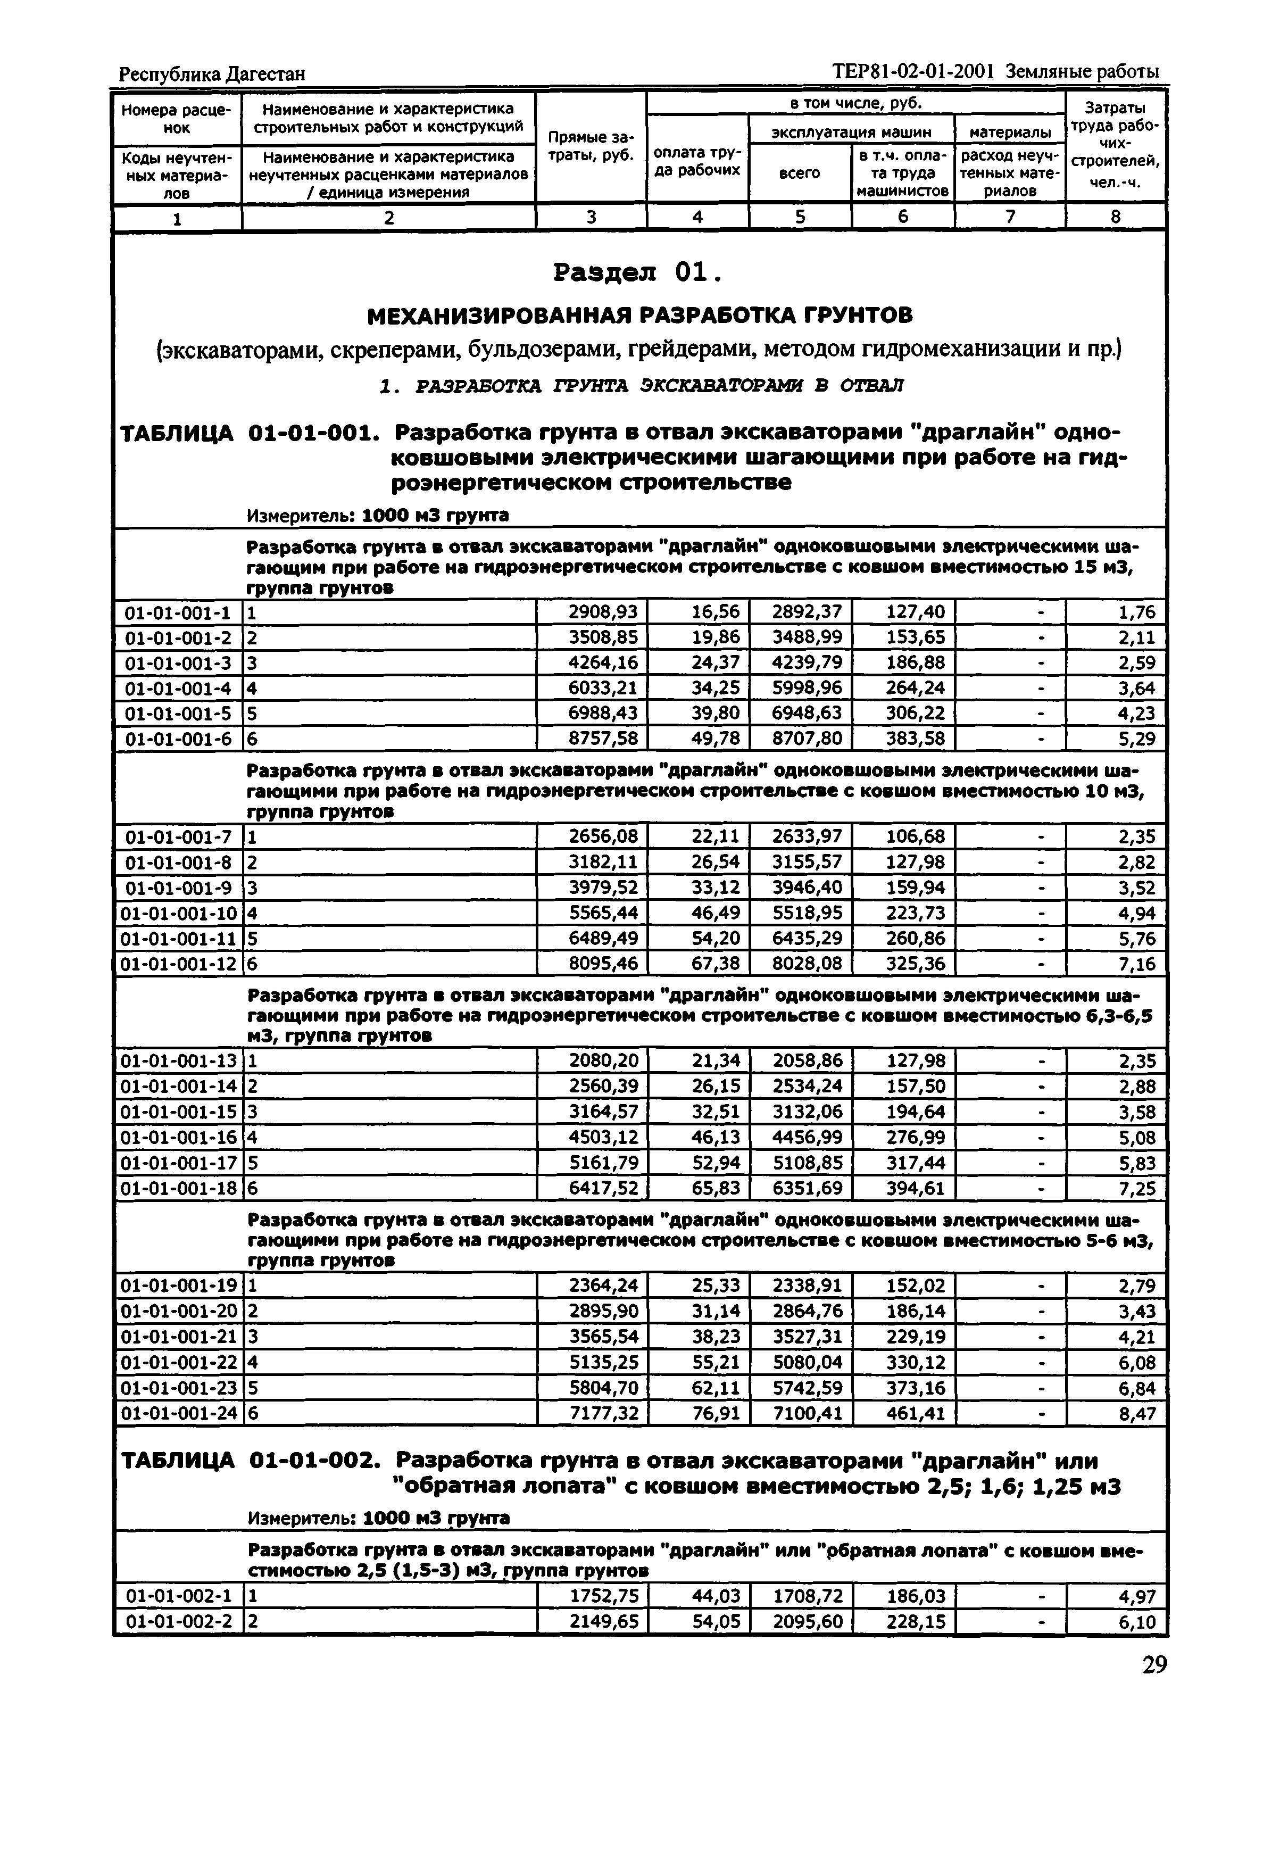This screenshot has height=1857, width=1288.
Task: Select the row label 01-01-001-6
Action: pyautogui.click(x=178, y=739)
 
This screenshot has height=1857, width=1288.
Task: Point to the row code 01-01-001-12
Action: pyautogui.click(x=178, y=964)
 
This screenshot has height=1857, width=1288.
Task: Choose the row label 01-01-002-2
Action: pyautogui.click(x=178, y=1622)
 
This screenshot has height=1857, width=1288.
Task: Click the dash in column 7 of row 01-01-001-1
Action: pyautogui.click(x=1041, y=612)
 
